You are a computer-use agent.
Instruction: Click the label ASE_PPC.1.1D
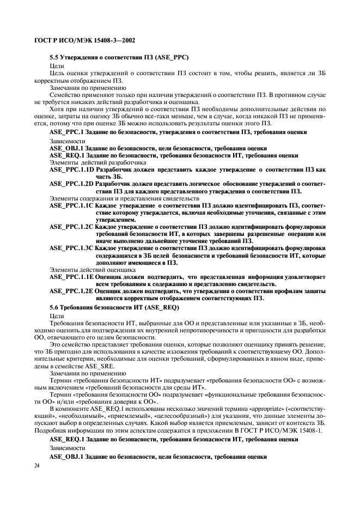[x=71, y=170]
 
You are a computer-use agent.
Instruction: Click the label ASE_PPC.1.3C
[x=71, y=248]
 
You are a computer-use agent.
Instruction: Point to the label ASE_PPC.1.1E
[x=71, y=276]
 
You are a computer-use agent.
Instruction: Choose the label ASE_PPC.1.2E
[x=71, y=290]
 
